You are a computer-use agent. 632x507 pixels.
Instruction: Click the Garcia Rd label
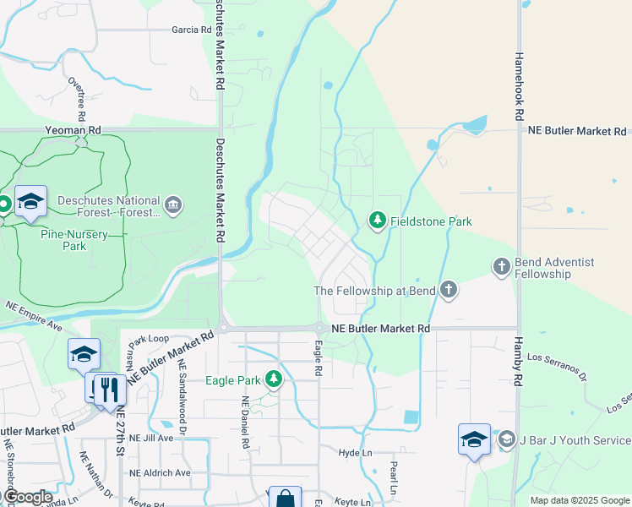click(x=191, y=30)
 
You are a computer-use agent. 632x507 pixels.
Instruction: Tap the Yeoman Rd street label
click(x=74, y=131)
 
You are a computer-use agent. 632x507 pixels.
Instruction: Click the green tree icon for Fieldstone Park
click(x=377, y=221)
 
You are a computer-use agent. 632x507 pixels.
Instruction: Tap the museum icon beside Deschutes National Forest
click(x=173, y=205)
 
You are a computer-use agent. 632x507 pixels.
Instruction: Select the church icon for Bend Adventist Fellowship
click(x=500, y=267)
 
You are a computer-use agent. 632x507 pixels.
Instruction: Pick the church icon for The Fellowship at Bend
click(x=448, y=291)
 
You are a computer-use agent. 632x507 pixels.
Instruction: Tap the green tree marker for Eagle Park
click(x=273, y=379)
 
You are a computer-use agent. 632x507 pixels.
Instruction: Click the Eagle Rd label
click(x=319, y=358)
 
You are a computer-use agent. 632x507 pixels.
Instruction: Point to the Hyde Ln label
click(x=355, y=453)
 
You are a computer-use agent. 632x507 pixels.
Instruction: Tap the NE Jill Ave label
click(x=151, y=438)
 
